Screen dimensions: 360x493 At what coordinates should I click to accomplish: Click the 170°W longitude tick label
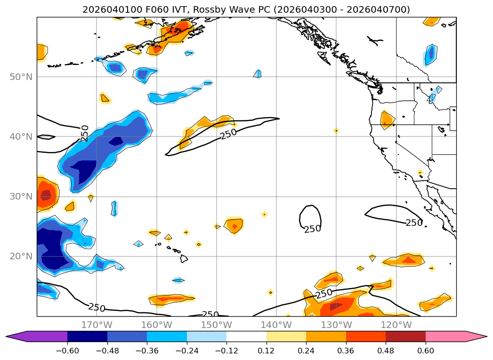point(97,325)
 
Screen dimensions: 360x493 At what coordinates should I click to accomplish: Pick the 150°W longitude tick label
point(216,325)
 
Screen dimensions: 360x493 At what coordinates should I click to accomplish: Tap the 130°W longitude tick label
point(336,325)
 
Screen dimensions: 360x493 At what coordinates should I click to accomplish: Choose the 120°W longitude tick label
point(396,325)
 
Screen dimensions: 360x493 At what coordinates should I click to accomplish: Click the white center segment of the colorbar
point(246,336)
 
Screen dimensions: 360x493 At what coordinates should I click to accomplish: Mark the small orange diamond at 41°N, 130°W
point(336,130)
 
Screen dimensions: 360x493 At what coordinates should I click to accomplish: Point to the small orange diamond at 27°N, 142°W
point(265,214)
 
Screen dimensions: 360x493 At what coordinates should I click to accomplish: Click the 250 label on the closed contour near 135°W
point(312,229)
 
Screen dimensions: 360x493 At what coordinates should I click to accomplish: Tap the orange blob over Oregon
point(387,120)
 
